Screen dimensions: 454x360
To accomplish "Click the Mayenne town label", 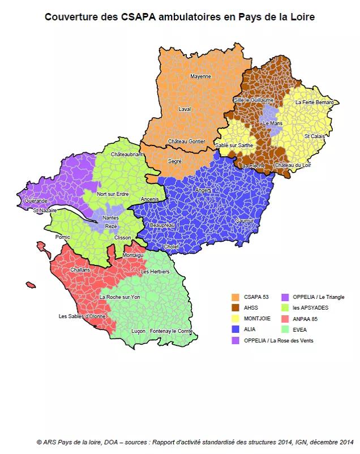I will [x=200, y=76].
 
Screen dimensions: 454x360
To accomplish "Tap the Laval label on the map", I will [x=185, y=109].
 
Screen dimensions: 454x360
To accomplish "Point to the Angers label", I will [x=203, y=190].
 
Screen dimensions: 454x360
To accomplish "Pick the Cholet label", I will [x=171, y=247].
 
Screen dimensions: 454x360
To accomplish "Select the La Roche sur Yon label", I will [x=119, y=297].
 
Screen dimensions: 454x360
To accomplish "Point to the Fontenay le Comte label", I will [x=172, y=331].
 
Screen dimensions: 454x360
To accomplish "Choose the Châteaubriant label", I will [x=127, y=154].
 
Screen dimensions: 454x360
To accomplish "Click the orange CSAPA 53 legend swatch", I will [x=235, y=297].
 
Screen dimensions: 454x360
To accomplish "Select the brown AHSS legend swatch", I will [x=235, y=307].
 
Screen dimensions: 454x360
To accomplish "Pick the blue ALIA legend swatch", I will [x=235, y=329].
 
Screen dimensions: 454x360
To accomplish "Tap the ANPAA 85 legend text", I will [x=305, y=319].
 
